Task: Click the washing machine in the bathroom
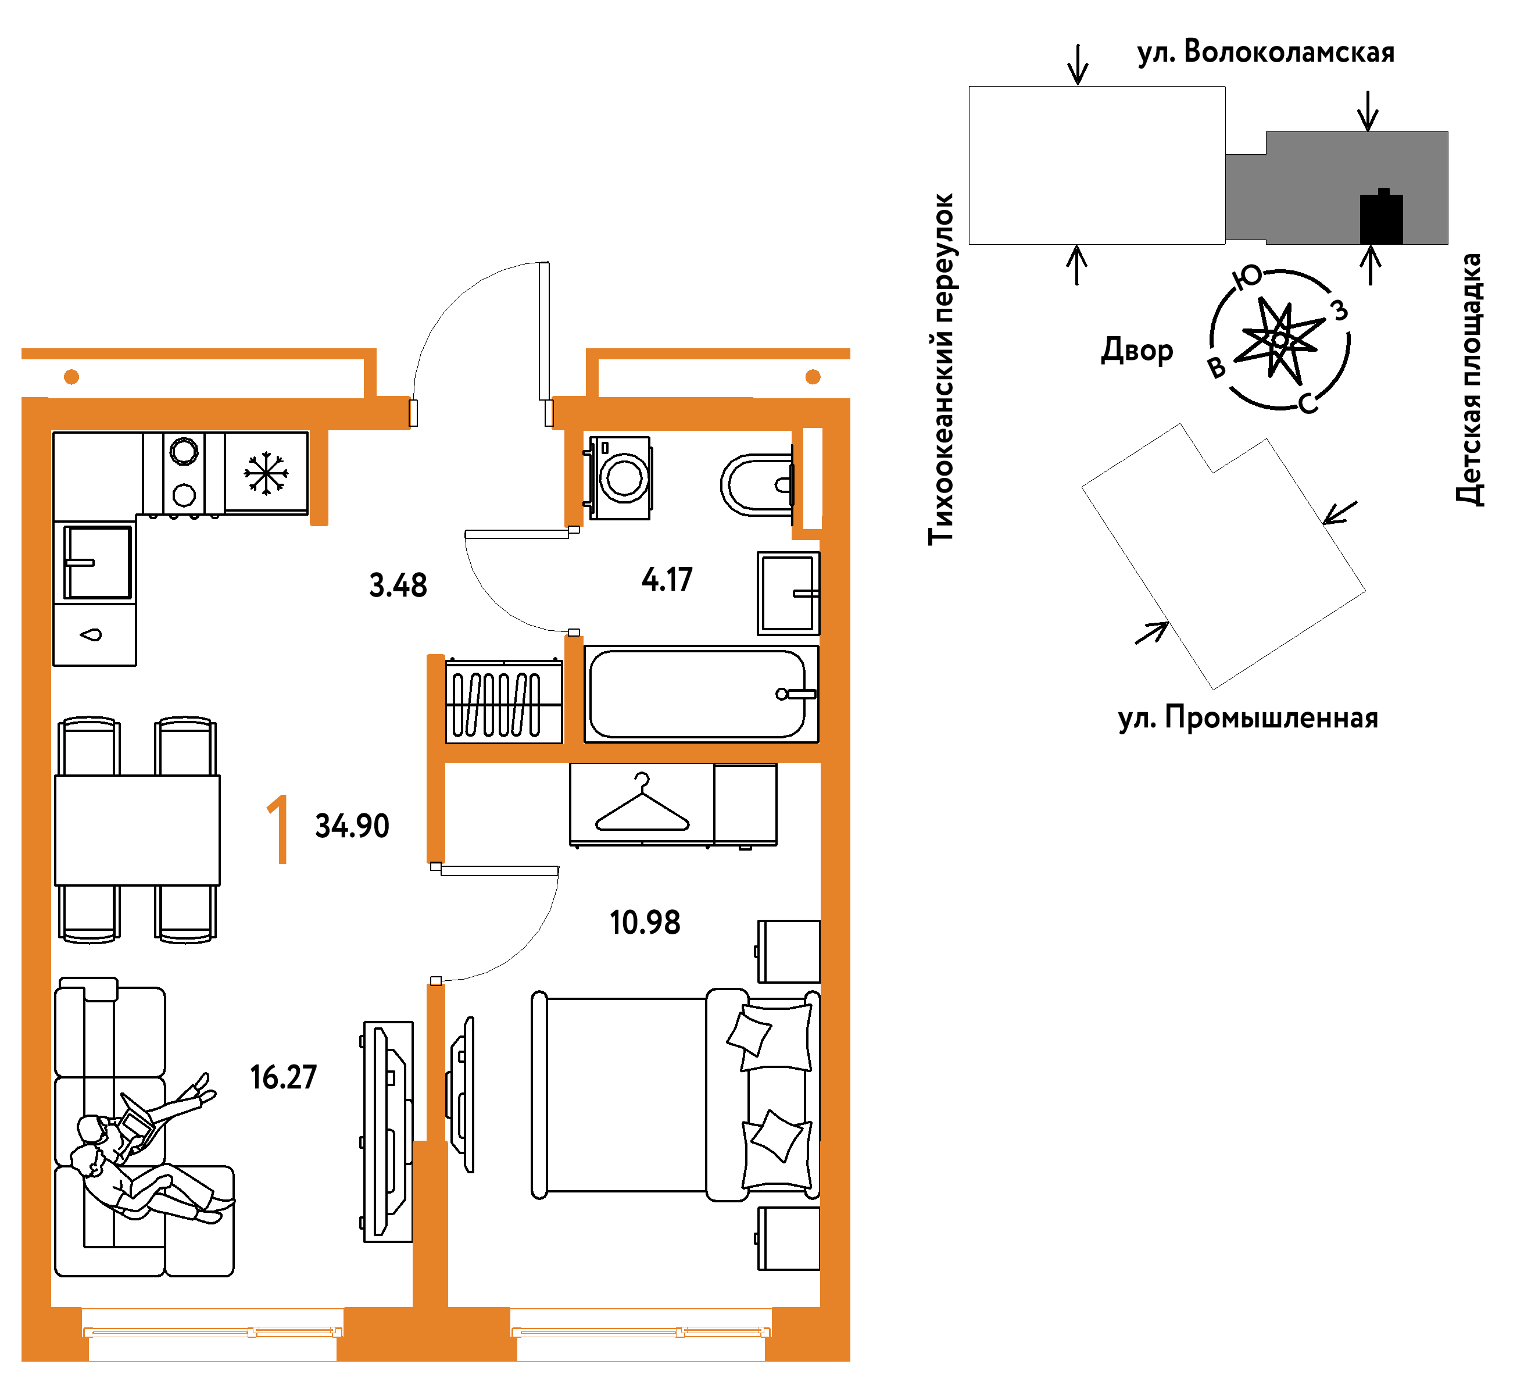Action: (x=618, y=478)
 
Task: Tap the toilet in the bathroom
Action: (x=757, y=485)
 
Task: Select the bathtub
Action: (x=701, y=694)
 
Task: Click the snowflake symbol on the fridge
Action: (x=266, y=473)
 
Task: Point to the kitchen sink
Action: (x=96, y=562)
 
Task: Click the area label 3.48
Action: (x=398, y=585)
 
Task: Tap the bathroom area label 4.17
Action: (x=667, y=580)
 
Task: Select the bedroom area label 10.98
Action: (x=645, y=922)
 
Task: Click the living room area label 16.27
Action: (x=284, y=1077)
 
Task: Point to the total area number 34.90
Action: (x=352, y=826)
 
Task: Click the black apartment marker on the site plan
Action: (x=1381, y=217)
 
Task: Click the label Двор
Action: (x=1137, y=350)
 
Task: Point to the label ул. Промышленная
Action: (x=1248, y=717)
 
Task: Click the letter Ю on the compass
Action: (x=1247, y=277)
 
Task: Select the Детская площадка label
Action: (x=1469, y=380)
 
